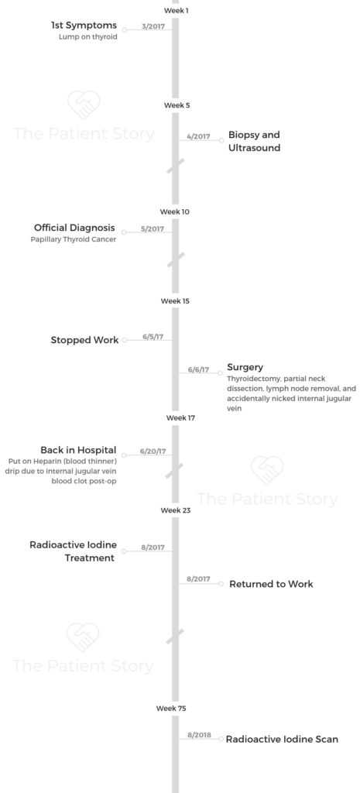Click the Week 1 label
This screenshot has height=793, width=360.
pos(176,10)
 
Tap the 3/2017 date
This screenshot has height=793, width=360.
pos(153,26)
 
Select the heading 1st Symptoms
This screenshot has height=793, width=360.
pos(84,25)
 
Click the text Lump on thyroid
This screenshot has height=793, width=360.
pos(88,37)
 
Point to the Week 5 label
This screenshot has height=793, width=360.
pos(176,105)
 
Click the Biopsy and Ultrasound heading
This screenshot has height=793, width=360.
pos(255,142)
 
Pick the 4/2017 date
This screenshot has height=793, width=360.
pos(198,136)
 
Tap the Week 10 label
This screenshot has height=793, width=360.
pos(175,211)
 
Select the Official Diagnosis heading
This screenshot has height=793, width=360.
pos(75,228)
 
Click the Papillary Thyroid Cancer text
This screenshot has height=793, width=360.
pos(74,240)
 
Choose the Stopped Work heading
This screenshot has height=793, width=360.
pos(85,341)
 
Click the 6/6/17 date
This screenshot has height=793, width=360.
pos(198,369)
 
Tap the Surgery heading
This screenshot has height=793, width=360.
pos(245,368)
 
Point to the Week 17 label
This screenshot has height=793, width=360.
pos(180,417)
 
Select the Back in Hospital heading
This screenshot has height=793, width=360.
pos(78,450)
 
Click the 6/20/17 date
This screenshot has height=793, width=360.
pos(153,451)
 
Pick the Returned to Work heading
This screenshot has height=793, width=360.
pos(272,584)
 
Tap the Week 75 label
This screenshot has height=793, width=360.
pos(171,709)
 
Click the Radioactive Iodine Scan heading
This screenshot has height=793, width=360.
pos(282,740)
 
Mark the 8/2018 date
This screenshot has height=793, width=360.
pos(199,735)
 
